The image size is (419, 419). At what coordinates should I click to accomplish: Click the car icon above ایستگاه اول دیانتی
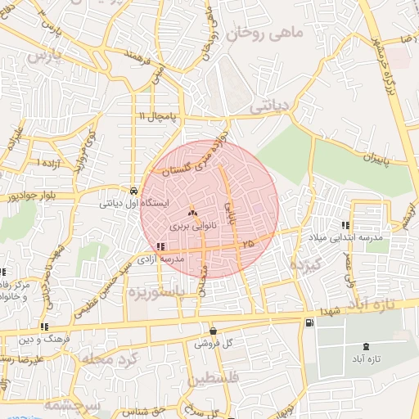pos(133,187)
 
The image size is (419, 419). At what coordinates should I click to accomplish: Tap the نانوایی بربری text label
pos(192,223)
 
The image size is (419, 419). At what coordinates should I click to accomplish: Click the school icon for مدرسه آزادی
pos(160,246)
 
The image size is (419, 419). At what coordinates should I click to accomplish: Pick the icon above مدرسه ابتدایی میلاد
pos(345,225)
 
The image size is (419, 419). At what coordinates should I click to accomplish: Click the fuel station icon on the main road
pos(308,323)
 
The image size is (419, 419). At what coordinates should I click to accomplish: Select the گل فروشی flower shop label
pos(214,345)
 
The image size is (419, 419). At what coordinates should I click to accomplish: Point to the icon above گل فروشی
pos(214,331)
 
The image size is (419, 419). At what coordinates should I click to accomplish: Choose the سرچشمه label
pos(72,406)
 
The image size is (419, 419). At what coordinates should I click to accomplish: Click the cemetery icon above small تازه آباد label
pos(365,348)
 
